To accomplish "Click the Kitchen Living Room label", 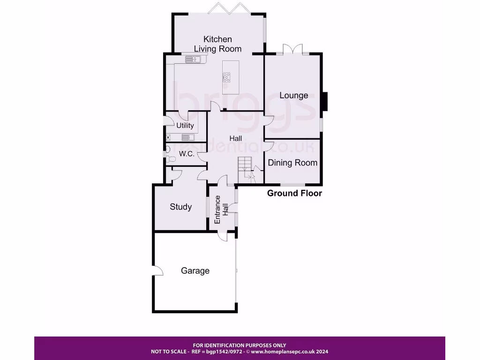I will point(218,44).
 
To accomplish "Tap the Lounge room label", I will point(294,96).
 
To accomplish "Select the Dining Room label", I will point(292,163).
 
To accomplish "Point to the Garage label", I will point(195,271).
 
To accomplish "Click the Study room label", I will point(180,207).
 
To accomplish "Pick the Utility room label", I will point(185,126).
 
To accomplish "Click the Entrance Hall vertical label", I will point(221,210).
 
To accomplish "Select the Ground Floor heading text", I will point(294,193).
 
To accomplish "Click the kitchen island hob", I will point(227,77).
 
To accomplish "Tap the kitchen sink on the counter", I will point(193,59).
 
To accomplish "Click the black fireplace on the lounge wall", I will point(324,102).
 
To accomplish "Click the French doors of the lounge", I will point(293,49).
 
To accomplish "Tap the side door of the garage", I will point(157,271).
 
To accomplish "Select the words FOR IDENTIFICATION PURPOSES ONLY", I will point(240,345).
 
